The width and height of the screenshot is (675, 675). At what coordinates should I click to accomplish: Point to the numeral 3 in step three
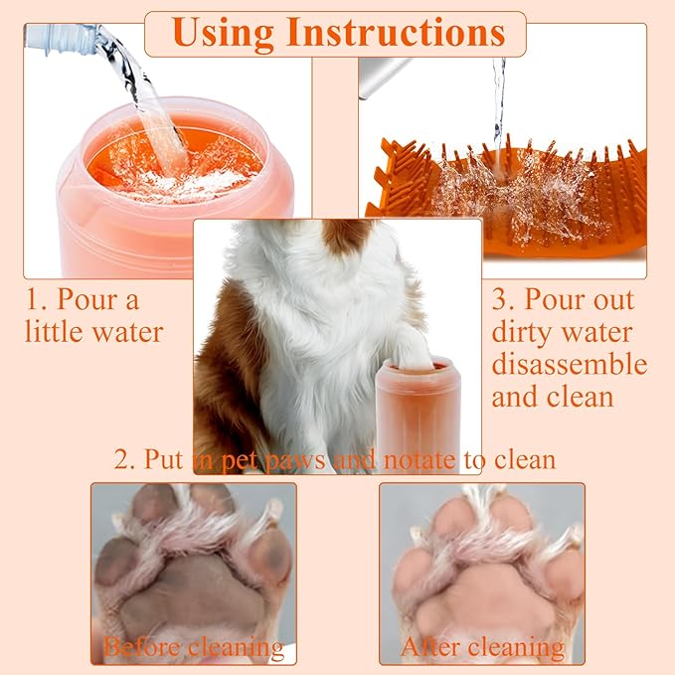(x=503, y=299)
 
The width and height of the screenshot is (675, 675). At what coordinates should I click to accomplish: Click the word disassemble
(x=569, y=364)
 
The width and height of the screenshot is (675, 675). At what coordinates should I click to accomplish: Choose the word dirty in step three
(x=526, y=332)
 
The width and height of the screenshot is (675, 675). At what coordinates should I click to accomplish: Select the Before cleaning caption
(x=193, y=647)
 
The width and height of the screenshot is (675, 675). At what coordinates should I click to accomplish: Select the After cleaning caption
(x=482, y=647)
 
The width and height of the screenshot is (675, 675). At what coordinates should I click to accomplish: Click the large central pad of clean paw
(x=481, y=587)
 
